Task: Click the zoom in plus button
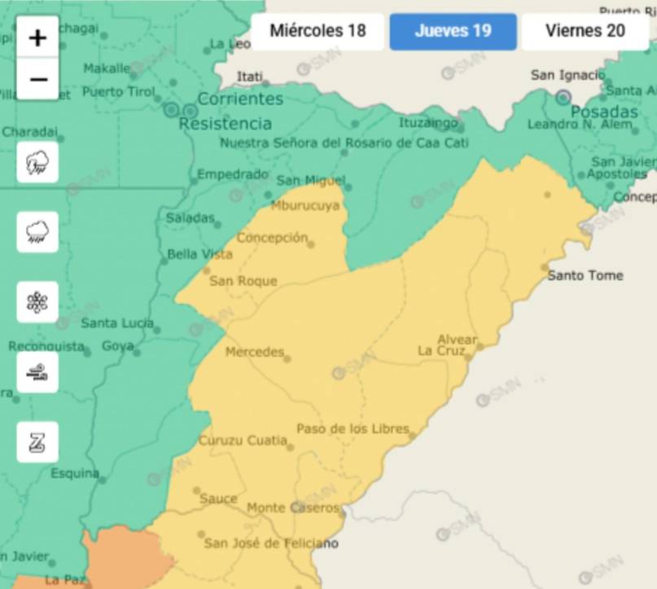(37, 37)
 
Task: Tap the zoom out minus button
(37, 79)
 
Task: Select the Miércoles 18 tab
(318, 31)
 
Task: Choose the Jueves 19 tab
(453, 31)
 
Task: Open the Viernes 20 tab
(585, 31)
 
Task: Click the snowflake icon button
(37, 303)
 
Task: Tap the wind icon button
(37, 373)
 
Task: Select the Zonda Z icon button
(37, 443)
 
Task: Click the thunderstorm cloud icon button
(37, 163)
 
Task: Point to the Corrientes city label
(240, 99)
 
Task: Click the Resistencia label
(225, 124)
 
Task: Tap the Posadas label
(604, 111)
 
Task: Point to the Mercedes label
(255, 352)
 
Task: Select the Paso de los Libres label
(353, 429)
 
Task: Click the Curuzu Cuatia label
(243, 441)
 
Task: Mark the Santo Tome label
(585, 275)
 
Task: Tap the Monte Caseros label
(293, 508)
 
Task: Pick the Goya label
(117, 346)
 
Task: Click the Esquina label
(75, 473)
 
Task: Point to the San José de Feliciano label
(270, 543)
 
